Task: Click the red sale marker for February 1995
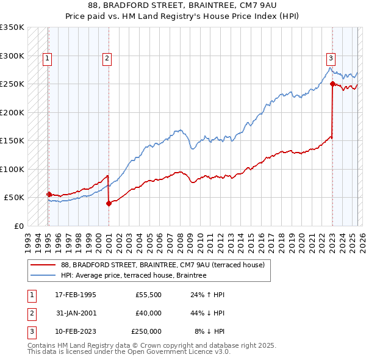click(49, 194)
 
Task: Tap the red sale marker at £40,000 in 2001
click(109, 203)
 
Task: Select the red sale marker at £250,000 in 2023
click(332, 84)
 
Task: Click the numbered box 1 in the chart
click(47, 59)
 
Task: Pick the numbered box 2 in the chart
click(107, 59)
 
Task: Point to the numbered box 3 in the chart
click(331, 59)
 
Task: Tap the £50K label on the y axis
click(14, 198)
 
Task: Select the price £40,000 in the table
click(148, 312)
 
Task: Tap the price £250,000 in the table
click(146, 331)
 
